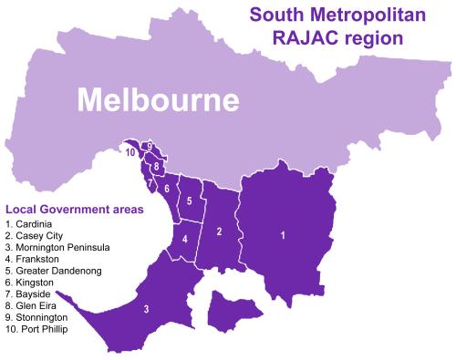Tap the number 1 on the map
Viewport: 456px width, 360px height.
click(x=283, y=236)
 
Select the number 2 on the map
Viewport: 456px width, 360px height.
click(x=220, y=231)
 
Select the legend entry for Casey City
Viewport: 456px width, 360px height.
click(x=35, y=235)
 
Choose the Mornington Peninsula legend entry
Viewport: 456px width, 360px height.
click(x=57, y=247)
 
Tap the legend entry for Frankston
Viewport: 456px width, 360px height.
click(x=32, y=259)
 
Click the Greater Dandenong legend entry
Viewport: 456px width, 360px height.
click(x=53, y=271)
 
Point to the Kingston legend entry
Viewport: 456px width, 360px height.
click(x=30, y=283)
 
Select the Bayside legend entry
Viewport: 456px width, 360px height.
click(x=29, y=294)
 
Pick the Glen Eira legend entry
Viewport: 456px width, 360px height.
click(x=31, y=306)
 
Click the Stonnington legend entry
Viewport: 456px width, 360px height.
click(x=35, y=317)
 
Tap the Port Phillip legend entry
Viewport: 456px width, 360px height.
click(x=36, y=329)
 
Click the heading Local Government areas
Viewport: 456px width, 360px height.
click(x=74, y=210)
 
